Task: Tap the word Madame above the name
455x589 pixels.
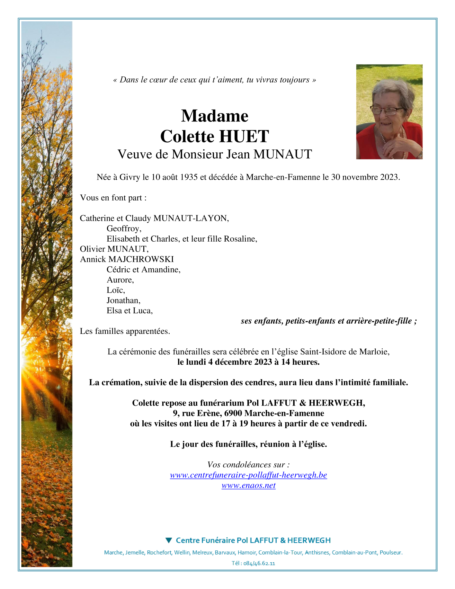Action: (x=215, y=116)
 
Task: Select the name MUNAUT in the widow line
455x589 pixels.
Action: (x=282, y=155)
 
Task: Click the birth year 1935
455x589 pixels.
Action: (x=189, y=177)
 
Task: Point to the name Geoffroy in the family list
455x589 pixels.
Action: (x=123, y=228)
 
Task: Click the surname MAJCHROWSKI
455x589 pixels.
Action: (x=141, y=259)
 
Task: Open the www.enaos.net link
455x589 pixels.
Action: (x=248, y=485)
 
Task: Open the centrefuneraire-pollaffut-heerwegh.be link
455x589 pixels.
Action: (x=248, y=475)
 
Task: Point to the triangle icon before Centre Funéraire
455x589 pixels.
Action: (x=169, y=540)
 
